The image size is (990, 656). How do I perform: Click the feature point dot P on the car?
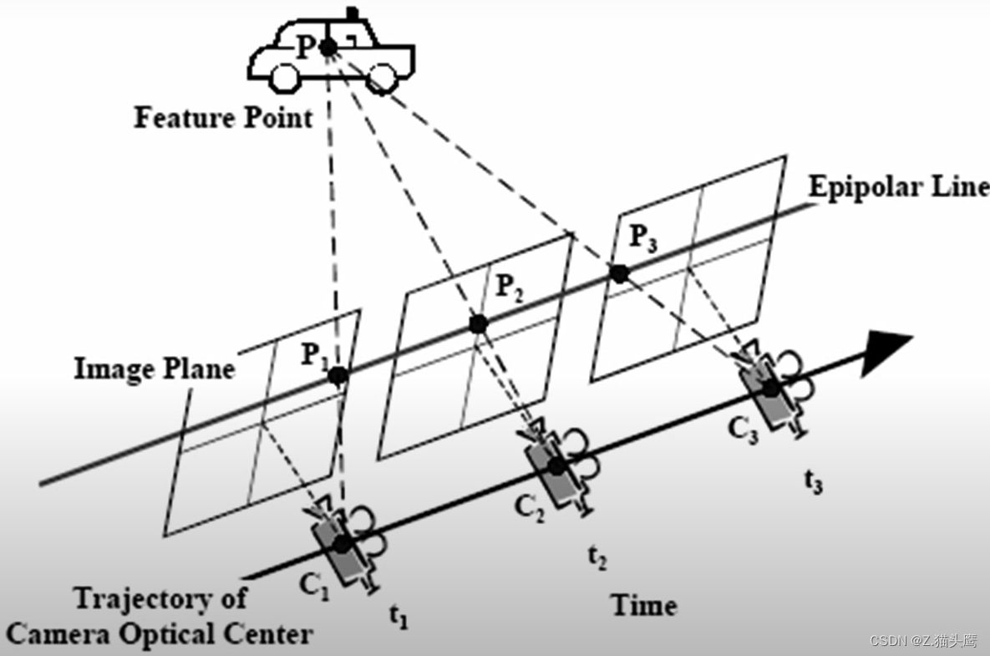327,48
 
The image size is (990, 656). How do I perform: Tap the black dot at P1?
338,376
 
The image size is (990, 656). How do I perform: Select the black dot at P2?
478,324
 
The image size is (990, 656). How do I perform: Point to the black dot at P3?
618,273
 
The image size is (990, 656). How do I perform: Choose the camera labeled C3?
769,386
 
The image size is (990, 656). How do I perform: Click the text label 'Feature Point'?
223,117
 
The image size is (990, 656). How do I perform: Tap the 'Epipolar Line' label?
897,187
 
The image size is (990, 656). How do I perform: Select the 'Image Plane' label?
154,369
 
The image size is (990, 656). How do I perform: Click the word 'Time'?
643,604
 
